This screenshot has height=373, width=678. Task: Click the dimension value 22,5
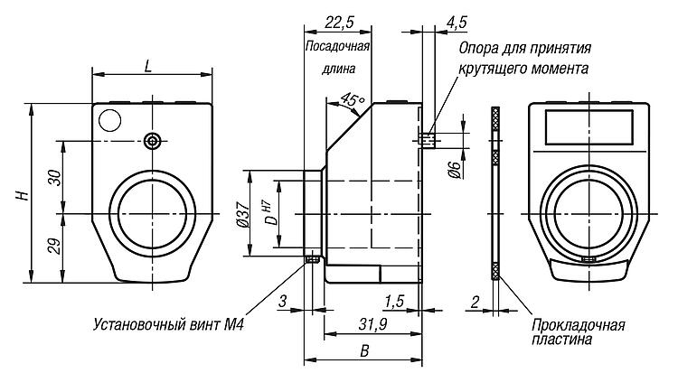[x=339, y=22]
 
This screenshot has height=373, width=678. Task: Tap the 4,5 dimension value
[x=457, y=22]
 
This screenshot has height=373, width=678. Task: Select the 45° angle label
[x=353, y=100]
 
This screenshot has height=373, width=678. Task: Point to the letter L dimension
[x=148, y=66]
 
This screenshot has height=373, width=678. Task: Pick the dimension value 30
[x=55, y=178]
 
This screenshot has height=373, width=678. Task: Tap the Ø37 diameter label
[x=243, y=214]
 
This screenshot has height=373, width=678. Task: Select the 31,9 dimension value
[x=372, y=323]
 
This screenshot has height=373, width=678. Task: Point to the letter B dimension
[x=364, y=351]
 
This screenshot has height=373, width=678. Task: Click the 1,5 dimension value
[x=394, y=302]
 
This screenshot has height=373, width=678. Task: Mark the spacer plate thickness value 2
[x=475, y=302]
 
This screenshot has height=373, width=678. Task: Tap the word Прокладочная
[x=579, y=324]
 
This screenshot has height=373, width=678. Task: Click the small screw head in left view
[x=152, y=141]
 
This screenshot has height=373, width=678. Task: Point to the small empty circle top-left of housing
[x=109, y=120]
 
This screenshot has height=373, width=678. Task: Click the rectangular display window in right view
[x=589, y=127]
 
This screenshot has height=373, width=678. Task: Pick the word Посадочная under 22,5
[x=337, y=46]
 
